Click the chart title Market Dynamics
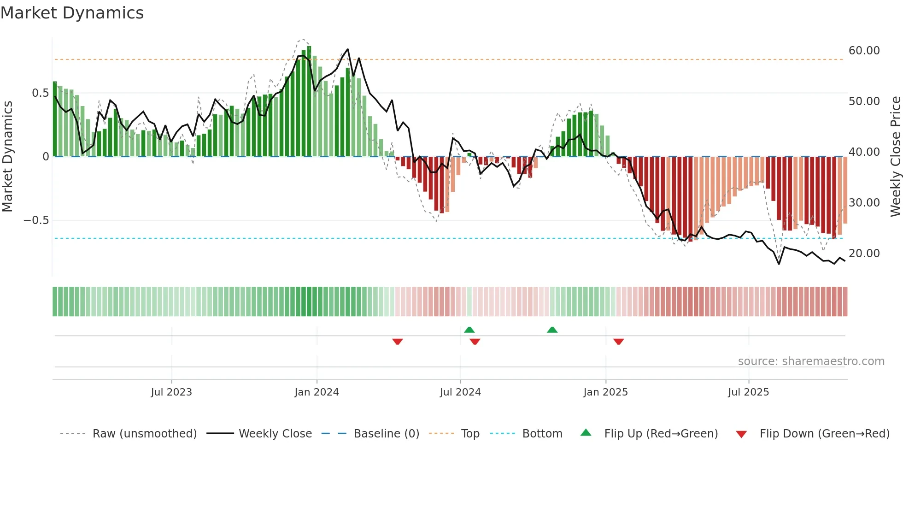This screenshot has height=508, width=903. [72, 13]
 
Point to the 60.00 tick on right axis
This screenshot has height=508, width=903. [864, 51]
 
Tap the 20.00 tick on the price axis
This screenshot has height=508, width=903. [864, 254]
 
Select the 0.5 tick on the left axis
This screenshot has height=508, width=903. [40, 93]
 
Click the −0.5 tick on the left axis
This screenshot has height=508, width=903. [36, 220]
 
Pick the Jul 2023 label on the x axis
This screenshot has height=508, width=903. [171, 392]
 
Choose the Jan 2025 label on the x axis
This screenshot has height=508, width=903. [605, 392]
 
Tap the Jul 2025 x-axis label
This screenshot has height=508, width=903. [748, 392]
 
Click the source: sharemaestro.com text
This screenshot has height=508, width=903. [811, 361]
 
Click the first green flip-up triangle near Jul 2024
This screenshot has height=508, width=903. [469, 330]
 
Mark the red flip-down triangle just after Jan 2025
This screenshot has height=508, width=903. [618, 342]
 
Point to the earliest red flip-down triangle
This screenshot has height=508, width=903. [397, 342]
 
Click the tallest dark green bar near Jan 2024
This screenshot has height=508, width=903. [309, 101]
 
